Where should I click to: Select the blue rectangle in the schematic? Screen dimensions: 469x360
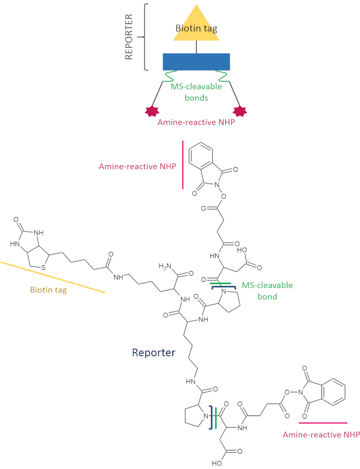[x=196, y=62]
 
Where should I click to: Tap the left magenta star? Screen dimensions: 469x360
[x=152, y=110]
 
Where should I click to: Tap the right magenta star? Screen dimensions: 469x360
[x=240, y=110]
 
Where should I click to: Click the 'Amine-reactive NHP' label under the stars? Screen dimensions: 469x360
[x=195, y=121]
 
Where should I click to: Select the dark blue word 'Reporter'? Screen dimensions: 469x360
[x=154, y=352]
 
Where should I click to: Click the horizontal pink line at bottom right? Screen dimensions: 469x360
[x=322, y=423]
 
